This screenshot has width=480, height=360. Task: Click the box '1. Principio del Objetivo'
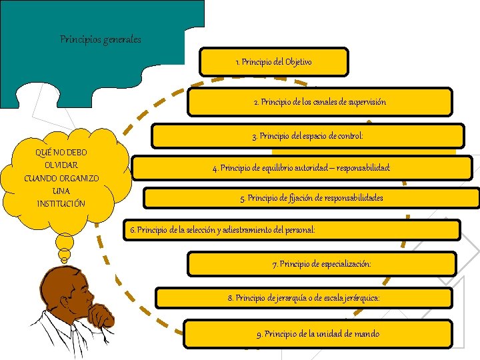(273, 62)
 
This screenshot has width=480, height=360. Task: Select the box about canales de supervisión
(319, 102)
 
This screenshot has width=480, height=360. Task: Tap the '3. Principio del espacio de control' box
(307, 136)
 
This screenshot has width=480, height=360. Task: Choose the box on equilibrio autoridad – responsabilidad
(301, 168)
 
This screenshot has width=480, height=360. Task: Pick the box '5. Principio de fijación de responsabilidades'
(311, 197)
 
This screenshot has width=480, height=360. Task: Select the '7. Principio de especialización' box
(322, 264)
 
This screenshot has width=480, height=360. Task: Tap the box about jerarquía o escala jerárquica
(304, 297)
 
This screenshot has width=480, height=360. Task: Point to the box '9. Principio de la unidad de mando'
(318, 333)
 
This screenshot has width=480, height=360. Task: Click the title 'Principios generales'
(101, 39)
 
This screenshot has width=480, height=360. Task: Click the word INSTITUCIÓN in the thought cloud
(61, 203)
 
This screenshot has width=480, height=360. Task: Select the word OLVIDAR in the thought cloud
(61, 165)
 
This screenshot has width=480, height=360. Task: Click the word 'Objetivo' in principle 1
(298, 62)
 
